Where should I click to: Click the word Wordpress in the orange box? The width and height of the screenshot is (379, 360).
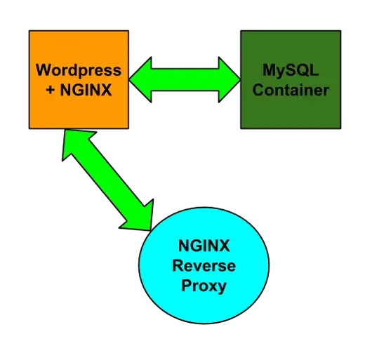click(79, 71)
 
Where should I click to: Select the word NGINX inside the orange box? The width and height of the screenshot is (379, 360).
click(86, 90)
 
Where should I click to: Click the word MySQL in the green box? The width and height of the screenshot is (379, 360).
click(290, 71)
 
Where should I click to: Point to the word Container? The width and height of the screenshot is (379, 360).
click(290, 90)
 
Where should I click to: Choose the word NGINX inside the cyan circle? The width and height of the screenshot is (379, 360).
click(206, 246)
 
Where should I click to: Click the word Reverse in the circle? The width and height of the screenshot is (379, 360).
click(206, 266)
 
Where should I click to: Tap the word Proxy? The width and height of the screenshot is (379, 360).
click(206, 286)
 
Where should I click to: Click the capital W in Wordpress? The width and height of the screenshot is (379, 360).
click(43, 71)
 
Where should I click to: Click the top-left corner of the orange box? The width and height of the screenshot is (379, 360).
click(30, 32)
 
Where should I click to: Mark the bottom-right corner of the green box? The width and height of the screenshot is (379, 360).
click(340, 127)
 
